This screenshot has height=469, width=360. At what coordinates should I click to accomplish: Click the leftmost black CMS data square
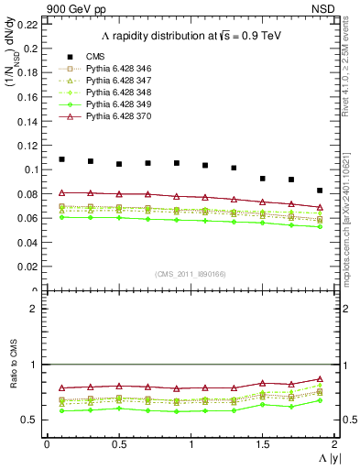(x=61, y=159)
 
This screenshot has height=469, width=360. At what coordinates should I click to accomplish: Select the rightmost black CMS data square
(x=320, y=191)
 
